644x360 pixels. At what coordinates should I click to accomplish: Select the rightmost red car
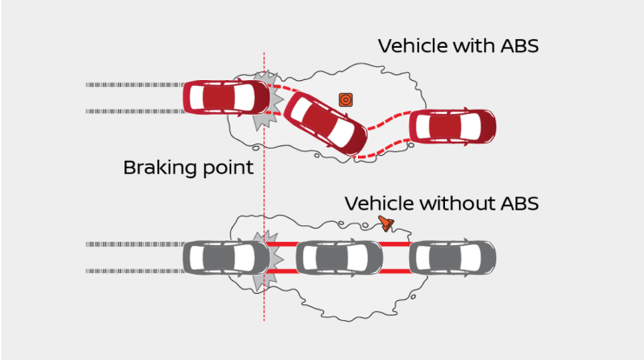tap(451, 127)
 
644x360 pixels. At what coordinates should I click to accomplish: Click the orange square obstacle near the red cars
tap(345, 99)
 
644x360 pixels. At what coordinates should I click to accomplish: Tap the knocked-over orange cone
tap(386, 225)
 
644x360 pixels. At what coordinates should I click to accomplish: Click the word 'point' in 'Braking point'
tap(227, 168)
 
